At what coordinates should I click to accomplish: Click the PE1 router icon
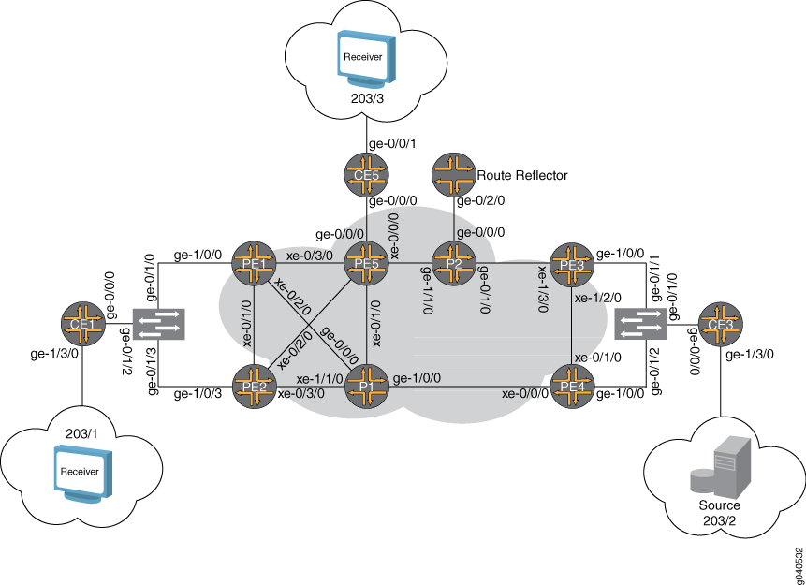pyautogui.click(x=255, y=263)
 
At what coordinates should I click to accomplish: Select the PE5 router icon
pyautogui.click(x=366, y=263)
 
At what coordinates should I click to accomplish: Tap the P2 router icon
pyautogui.click(x=453, y=263)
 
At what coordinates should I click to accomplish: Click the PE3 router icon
pyautogui.click(x=572, y=265)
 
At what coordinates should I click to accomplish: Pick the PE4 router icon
pyautogui.click(x=572, y=387)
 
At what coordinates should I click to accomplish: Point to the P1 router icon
pyautogui.click(x=366, y=387)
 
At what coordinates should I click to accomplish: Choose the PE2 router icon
pyautogui.click(x=255, y=387)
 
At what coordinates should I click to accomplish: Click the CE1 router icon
pyautogui.click(x=83, y=324)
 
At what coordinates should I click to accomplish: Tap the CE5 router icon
pyautogui.click(x=366, y=175)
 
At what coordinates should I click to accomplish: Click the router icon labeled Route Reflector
pyautogui.click(x=453, y=175)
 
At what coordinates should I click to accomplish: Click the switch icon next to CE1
pyautogui.click(x=159, y=325)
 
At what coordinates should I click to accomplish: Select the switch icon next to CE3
pyautogui.click(x=641, y=325)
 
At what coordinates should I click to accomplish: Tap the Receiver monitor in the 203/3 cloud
pyautogui.click(x=366, y=58)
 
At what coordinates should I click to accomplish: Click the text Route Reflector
pyautogui.click(x=522, y=175)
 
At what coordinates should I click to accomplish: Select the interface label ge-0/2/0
pyautogui.click(x=480, y=200)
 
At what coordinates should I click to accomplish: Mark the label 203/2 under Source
pyautogui.click(x=719, y=520)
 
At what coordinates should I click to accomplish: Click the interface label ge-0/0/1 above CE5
pyautogui.click(x=393, y=144)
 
